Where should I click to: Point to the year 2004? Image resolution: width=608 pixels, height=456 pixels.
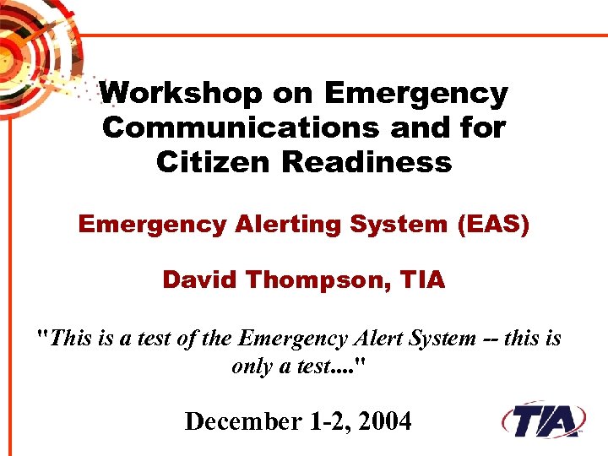[x=384, y=420]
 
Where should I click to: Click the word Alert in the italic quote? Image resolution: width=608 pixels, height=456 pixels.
[x=377, y=339]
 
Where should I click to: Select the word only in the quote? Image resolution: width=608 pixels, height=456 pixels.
[x=251, y=366]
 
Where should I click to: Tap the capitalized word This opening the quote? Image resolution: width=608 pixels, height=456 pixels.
[x=71, y=339]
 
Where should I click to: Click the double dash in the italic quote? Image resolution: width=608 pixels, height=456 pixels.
[x=492, y=339]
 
